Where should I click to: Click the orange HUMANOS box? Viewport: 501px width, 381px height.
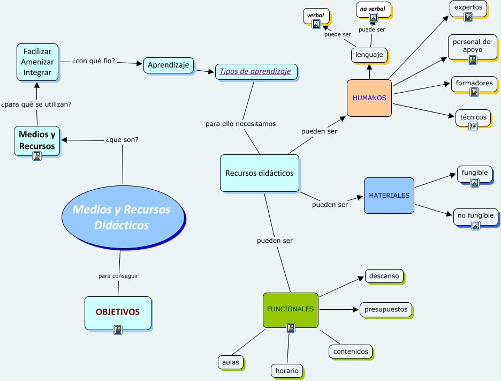pos(369,98)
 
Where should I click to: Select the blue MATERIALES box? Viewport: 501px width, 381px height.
pos(389,196)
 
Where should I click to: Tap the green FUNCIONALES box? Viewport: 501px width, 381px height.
pos(291,310)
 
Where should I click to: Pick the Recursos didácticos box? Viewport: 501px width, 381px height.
pos(260,173)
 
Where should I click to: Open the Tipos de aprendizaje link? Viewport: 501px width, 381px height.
pos(256,71)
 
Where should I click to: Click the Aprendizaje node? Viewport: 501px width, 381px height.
pos(169,65)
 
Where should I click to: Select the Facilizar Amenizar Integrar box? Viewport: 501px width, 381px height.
pos(37,62)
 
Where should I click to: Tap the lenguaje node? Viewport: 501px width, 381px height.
pos(369,55)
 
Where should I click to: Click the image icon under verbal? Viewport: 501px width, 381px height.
pos(316,24)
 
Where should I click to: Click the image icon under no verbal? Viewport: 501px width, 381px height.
pos(373,18)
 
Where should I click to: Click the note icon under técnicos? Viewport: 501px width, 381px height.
pos(473,126)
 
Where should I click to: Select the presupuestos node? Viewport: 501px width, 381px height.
pos(386,309)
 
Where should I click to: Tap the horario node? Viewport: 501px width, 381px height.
pos(287,370)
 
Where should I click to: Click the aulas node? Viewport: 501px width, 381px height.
pos(231,362)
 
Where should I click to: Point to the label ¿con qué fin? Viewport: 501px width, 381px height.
pos(93,61)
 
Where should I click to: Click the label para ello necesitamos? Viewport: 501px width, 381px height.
pos(240,124)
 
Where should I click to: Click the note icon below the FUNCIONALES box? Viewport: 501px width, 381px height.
pos(291,328)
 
